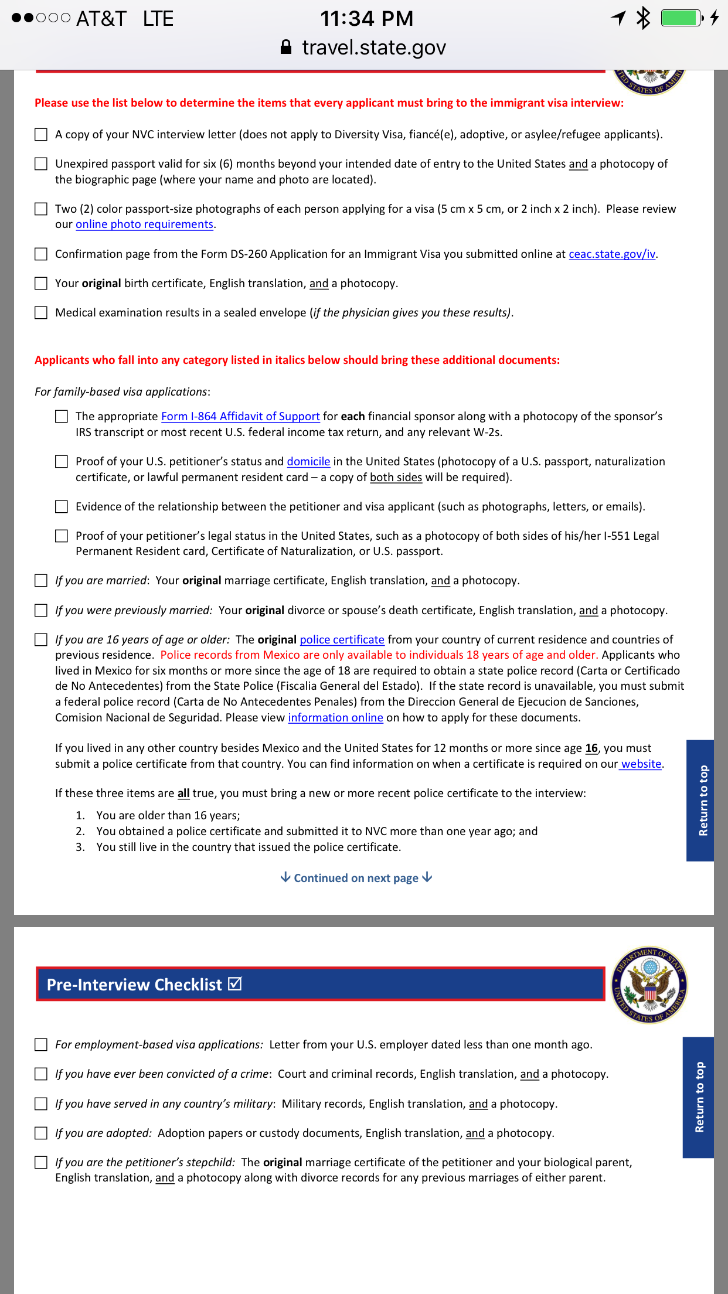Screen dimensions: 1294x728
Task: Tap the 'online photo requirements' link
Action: pos(144,224)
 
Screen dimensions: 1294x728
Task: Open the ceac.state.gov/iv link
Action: pos(612,254)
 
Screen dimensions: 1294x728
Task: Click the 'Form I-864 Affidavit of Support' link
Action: pos(240,417)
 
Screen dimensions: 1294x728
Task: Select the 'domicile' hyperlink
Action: pos(308,462)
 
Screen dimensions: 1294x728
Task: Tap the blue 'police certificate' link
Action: pos(342,640)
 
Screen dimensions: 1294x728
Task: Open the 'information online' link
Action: pos(335,718)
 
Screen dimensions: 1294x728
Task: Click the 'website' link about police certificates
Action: pos(641,764)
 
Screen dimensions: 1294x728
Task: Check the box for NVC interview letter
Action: pos(41,135)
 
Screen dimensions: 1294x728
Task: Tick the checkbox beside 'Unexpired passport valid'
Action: pos(41,164)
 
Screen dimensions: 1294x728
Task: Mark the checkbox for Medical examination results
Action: pos(41,313)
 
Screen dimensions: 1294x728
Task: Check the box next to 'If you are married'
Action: pos(41,581)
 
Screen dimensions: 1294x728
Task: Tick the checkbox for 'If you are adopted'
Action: pos(41,1133)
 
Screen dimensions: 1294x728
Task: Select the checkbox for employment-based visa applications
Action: pos(41,1045)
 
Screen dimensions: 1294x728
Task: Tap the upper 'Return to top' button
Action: pos(701,801)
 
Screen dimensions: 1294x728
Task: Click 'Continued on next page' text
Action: pos(356,878)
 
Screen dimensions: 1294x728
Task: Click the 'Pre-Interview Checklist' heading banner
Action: pos(320,985)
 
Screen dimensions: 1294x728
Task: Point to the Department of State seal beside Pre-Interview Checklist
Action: pos(649,985)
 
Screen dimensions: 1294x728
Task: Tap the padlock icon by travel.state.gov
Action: pos(286,47)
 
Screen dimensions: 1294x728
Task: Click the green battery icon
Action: pos(681,18)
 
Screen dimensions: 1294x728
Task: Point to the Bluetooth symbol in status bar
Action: pos(644,18)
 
